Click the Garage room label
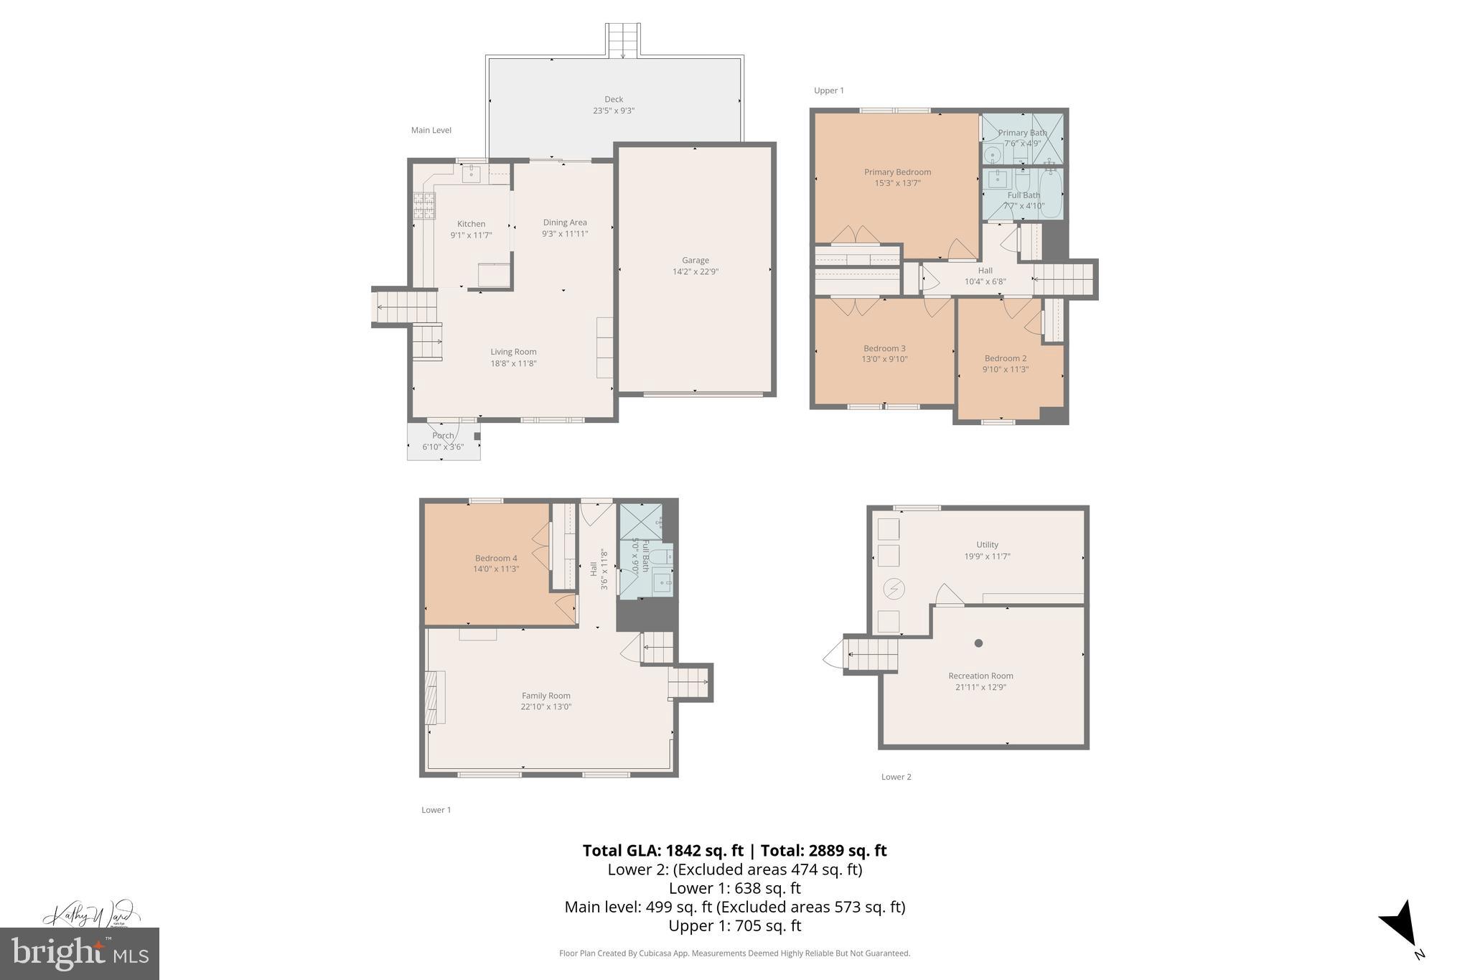point(695,260)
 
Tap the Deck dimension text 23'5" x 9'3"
point(613,111)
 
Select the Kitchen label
point(471,224)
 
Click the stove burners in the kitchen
point(424,205)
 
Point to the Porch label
point(443,436)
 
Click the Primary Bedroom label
point(897,172)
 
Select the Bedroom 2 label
point(1005,358)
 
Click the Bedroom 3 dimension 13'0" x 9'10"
point(884,359)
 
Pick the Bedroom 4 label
point(495,558)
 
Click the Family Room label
point(546,695)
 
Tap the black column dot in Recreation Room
point(978,643)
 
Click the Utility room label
point(987,545)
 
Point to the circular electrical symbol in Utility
point(894,589)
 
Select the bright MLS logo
point(79,953)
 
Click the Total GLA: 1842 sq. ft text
point(662,851)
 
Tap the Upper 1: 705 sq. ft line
point(734,925)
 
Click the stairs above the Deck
point(622,40)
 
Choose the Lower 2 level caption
point(896,777)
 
